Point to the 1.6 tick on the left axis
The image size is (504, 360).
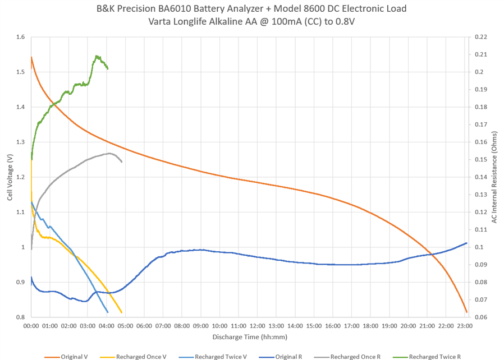21,37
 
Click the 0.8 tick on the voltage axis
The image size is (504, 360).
21,317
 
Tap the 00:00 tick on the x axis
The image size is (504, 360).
31,325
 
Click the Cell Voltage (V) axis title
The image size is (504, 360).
10,177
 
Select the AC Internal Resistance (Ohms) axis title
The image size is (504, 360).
494,177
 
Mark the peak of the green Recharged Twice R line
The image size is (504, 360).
97,56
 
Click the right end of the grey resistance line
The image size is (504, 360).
122,162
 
